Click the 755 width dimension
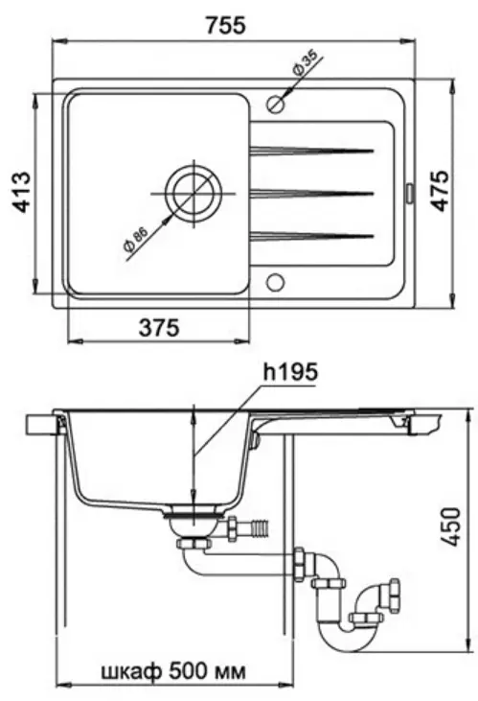(x=226, y=25)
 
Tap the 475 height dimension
(x=440, y=190)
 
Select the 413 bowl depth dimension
(x=21, y=192)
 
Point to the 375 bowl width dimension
(x=159, y=328)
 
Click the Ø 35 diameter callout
(x=305, y=63)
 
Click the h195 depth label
(x=290, y=372)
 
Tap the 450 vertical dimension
(x=450, y=526)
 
